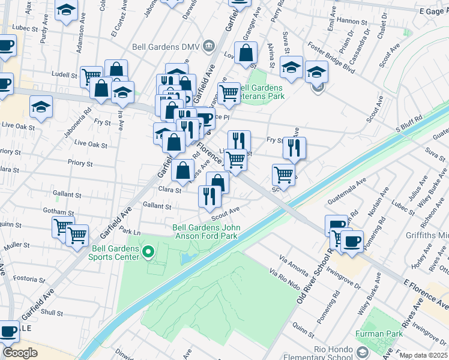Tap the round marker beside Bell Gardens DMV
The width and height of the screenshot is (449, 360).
coord(209,45)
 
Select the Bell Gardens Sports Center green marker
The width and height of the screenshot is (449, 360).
coord(148,254)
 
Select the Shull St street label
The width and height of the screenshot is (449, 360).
coord(52,313)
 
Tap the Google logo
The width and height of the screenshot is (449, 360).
coord(20,353)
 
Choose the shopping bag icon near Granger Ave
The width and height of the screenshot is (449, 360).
coord(246,54)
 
